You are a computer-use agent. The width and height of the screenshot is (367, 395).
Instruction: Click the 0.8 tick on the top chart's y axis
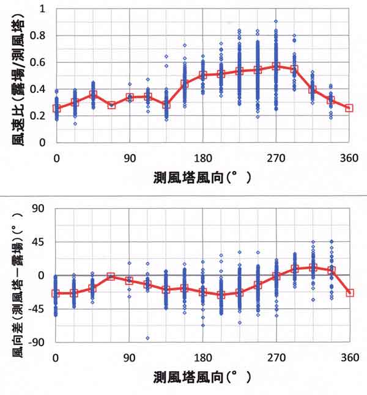coord(42,35)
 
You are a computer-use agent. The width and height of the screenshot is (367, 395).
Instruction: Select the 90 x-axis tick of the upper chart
coord(130,157)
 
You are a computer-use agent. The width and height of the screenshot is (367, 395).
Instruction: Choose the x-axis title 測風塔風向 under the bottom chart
coord(202,377)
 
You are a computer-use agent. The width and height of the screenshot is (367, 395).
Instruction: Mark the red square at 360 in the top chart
coord(349,108)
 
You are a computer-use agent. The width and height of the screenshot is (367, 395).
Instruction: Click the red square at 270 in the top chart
coord(276,66)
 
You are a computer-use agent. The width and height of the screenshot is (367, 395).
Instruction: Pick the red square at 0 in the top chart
coord(56,109)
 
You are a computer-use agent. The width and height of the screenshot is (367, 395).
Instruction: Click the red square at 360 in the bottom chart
coord(350,293)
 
